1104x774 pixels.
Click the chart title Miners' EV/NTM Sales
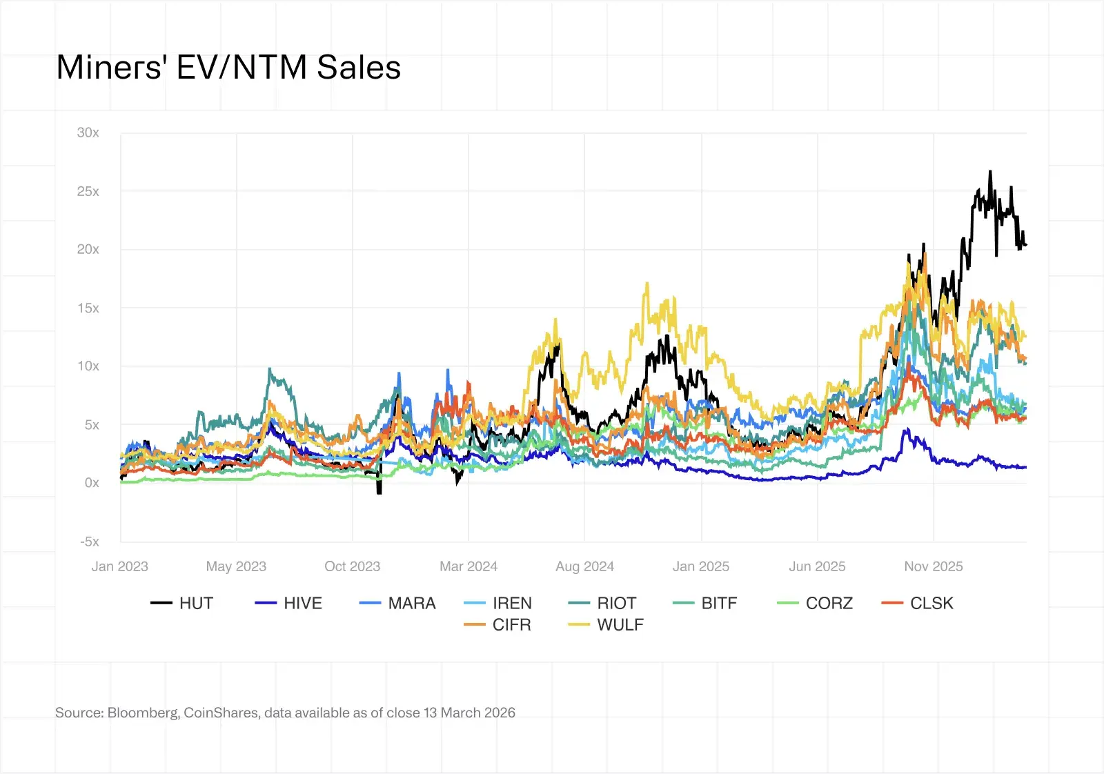click(x=228, y=68)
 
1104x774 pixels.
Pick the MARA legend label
click(x=411, y=603)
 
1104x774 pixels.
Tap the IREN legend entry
click(x=511, y=603)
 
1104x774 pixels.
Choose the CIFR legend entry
click(x=511, y=624)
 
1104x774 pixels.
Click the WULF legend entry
click(x=620, y=624)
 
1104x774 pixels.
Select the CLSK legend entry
click(x=931, y=603)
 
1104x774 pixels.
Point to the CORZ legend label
click(x=829, y=603)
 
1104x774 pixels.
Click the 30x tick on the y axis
click(x=88, y=132)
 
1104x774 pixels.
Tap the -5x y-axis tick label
click(x=90, y=542)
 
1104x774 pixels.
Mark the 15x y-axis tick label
click(x=88, y=308)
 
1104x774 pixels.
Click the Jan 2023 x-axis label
click(x=120, y=566)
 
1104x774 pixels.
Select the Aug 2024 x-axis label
click(x=584, y=566)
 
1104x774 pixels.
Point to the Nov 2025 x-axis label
click(x=933, y=566)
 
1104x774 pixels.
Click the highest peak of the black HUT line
click(x=990, y=172)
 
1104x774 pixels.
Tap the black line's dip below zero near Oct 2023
click(x=379, y=492)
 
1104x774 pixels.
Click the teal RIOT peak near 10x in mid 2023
click(x=270, y=369)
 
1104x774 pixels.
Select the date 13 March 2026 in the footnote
click(x=469, y=713)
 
